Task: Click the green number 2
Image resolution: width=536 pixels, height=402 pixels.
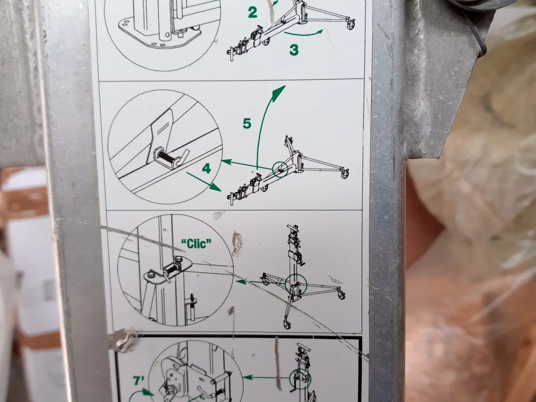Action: coord(253,13)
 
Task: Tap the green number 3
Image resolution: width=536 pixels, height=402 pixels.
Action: coord(294,50)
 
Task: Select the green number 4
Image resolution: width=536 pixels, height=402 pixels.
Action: coord(206,168)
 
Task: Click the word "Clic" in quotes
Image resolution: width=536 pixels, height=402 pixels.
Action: coord(196,243)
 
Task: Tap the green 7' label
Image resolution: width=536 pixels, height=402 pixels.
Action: coord(139,381)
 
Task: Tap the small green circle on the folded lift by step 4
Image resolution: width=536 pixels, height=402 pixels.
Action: coord(280,169)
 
